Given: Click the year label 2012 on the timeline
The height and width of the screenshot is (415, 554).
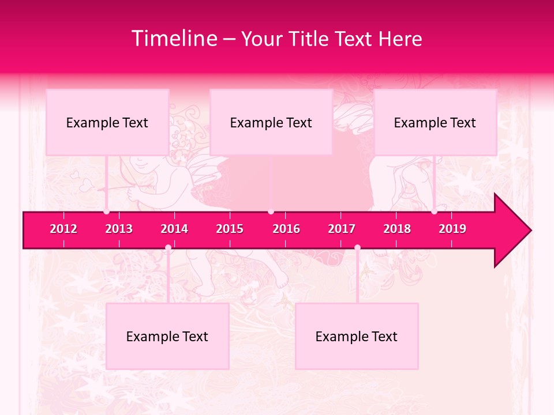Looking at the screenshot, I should coord(63,229).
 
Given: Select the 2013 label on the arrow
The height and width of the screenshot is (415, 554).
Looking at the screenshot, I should coord(119,229).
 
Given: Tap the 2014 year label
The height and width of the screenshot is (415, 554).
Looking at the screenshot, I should coord(174,229).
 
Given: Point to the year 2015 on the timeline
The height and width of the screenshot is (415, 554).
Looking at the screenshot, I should coord(230,229).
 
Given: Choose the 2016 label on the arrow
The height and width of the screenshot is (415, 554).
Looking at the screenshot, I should coord(286,229).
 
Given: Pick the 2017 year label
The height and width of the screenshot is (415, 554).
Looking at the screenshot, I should coord(342,229).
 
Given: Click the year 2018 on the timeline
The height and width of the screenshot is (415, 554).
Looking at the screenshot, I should coord(397,229).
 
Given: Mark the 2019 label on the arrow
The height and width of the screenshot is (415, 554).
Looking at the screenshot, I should coord(452,229).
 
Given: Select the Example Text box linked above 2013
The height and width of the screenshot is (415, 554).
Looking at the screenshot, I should coord(107,122).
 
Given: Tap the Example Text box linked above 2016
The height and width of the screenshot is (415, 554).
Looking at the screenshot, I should coord(271,122).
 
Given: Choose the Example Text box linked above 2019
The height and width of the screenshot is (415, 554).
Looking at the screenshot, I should coord(435,122).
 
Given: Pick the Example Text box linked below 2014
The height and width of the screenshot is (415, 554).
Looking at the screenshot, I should coord(167,336).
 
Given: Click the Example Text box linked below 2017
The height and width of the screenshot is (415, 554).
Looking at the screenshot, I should coord(357,336).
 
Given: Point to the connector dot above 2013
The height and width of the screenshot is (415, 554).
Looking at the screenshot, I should coord(107,212).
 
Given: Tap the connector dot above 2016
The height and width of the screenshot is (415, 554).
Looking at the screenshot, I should coord(271,212).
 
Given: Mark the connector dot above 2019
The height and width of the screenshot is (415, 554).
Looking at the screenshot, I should coord(435,212).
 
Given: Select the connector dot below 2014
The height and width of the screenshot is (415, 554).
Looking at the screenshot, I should coord(168,248).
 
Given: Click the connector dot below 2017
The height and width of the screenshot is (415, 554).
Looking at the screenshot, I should coord(357,248).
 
